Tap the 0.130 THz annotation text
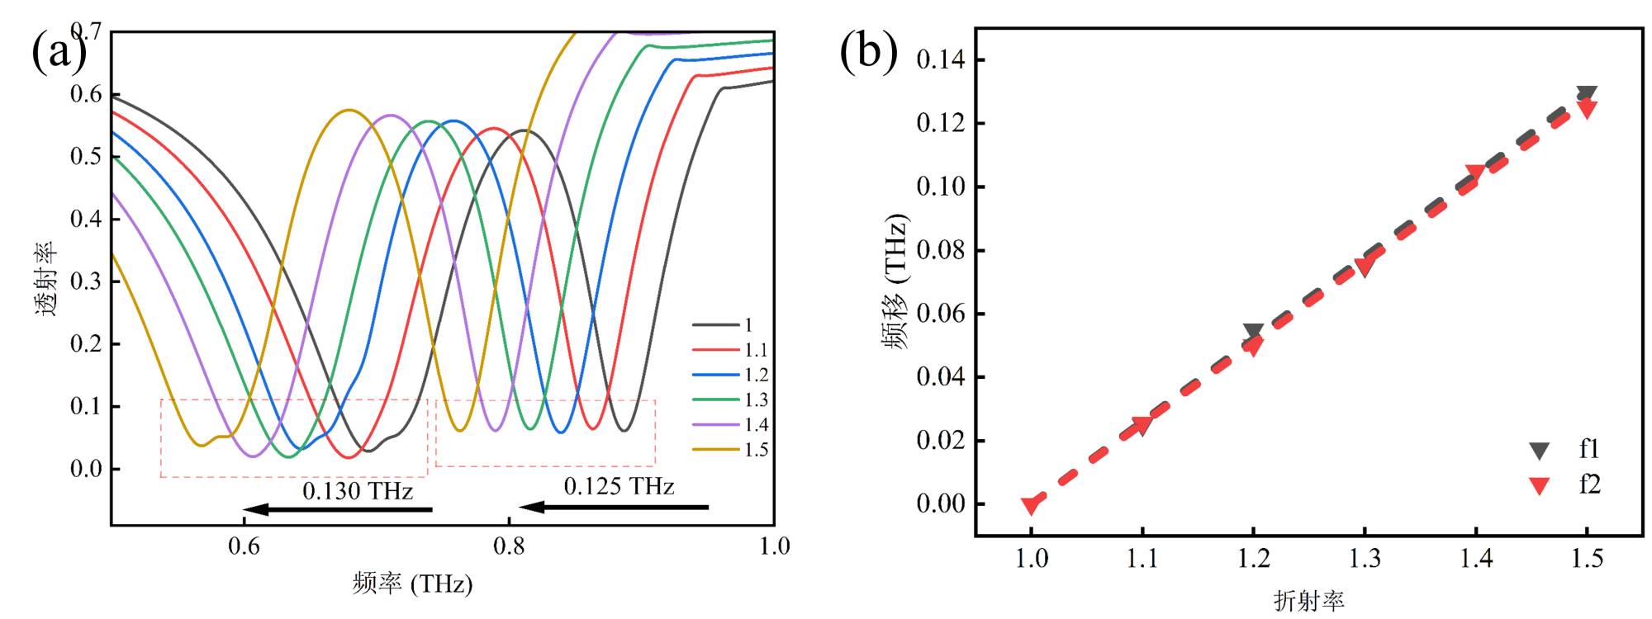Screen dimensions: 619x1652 click(357, 491)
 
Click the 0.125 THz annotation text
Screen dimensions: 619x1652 click(619, 487)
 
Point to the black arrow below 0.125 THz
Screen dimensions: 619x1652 click(614, 507)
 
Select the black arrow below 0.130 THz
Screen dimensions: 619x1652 click(338, 509)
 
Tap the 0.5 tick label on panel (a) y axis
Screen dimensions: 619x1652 click(86, 156)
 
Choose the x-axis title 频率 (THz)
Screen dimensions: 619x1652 click(412, 584)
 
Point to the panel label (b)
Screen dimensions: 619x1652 click(868, 51)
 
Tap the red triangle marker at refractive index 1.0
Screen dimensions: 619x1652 click(1031, 505)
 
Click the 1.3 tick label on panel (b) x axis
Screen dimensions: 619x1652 click(1365, 560)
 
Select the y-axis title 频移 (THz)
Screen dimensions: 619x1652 click(896, 281)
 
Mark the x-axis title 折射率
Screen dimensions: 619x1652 click(1308, 601)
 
